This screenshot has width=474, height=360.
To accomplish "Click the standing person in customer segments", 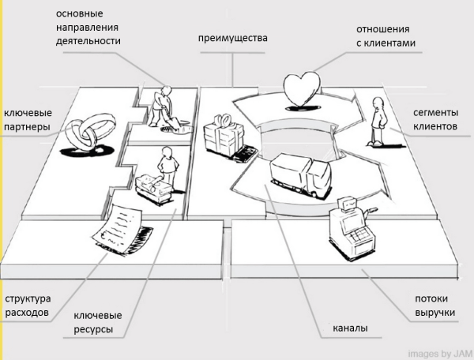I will point(377,119).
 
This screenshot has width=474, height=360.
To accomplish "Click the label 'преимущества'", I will point(232,38).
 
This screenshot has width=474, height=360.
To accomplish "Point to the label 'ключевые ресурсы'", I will point(98,322).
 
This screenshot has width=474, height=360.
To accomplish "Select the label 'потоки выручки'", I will point(435,306).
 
